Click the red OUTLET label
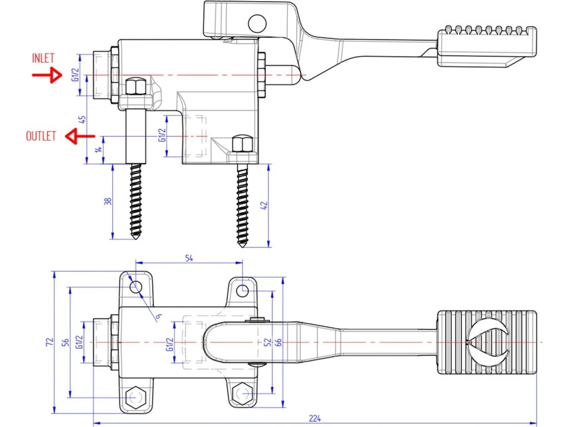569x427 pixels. [41, 136]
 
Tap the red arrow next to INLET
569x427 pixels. [47, 75]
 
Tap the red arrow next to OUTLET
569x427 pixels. [80, 136]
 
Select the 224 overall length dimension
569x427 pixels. [315, 418]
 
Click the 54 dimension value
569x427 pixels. [188, 257]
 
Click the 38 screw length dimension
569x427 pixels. [108, 202]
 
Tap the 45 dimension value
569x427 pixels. [82, 119]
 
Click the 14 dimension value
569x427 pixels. [98, 150]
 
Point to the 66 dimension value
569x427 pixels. [278, 341]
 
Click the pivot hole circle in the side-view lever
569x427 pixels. [257, 23]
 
